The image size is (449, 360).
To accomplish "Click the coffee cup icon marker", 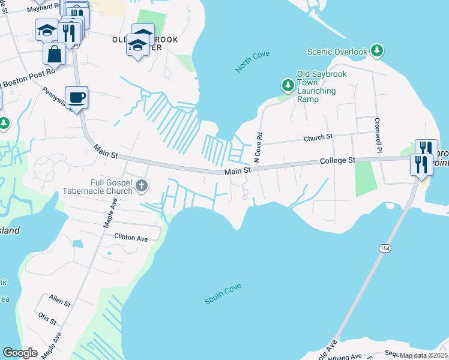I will point(76,97).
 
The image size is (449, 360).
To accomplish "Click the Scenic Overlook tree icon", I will point(377,52).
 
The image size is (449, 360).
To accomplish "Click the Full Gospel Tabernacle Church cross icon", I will point(142,185).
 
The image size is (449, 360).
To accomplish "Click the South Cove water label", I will point(223,294).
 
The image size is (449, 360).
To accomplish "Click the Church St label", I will point(318,137).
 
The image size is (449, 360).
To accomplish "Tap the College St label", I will point(338,161).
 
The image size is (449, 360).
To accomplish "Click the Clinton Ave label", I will point(131,238).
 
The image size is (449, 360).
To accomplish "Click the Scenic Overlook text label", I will point(337,52).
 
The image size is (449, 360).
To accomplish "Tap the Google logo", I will point(20,353).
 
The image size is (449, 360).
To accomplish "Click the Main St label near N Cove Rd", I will point(237,172).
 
